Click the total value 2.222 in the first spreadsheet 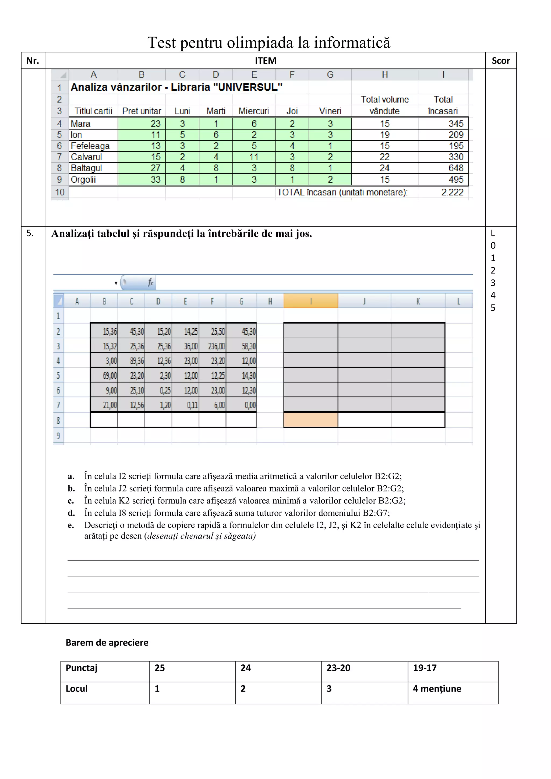point(452,192)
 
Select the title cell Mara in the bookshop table point(81,124)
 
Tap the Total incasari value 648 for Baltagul point(456,168)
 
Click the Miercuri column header point(253,111)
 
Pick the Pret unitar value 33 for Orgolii point(156,179)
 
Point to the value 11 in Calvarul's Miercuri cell point(254,157)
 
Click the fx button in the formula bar point(150,282)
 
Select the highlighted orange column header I point(310,301)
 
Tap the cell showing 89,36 point(137,361)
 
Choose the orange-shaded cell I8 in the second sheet point(310,420)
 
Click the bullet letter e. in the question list point(71,526)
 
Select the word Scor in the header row point(500,61)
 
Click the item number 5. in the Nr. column point(30,233)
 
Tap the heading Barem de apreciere point(107,643)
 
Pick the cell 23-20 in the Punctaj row point(338,668)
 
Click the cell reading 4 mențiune point(437,689)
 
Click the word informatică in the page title point(352,43)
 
